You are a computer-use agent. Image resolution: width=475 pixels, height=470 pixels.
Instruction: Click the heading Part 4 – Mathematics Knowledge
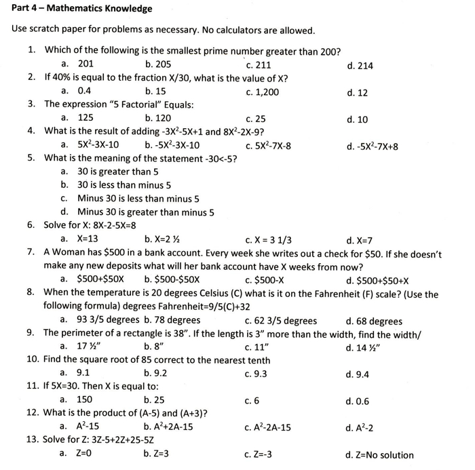82,9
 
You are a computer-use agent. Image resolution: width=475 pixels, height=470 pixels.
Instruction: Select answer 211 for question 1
262,66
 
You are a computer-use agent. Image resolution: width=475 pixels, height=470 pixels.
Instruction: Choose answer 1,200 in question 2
266,92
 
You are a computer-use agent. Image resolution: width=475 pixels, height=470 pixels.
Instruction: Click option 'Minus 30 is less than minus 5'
138,199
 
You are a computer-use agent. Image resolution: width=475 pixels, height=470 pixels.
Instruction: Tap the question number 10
33,360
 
